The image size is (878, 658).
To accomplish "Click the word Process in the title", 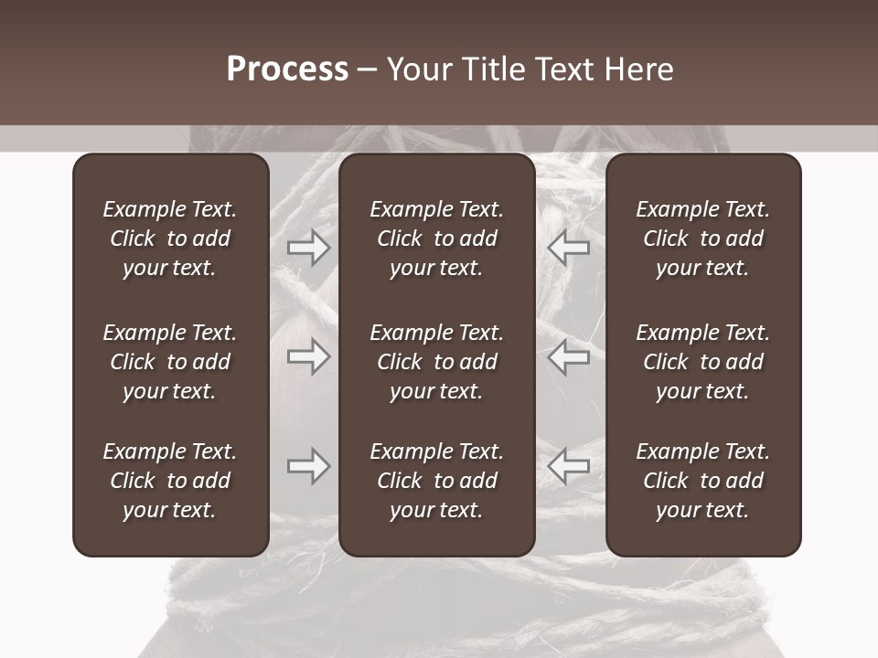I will [287, 69].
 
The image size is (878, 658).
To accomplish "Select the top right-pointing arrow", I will [309, 248].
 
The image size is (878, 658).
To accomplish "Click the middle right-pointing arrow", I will [309, 356].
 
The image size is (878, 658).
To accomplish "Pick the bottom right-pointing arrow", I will [309, 467].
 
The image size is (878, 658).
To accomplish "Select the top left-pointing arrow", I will [568, 248].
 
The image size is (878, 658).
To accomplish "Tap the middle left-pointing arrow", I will [568, 356].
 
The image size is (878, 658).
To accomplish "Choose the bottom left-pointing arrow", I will [568, 467].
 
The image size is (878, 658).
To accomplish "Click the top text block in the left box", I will [170, 239].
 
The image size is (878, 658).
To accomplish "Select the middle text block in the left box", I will [170, 362].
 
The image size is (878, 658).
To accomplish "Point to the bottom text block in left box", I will [170, 481].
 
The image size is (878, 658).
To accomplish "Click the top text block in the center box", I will [436, 239].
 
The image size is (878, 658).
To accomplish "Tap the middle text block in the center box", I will [436, 362].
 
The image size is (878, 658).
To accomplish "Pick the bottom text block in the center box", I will [436, 481].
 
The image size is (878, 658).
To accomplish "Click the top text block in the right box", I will [702, 239].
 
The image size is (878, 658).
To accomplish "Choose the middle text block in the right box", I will [702, 362].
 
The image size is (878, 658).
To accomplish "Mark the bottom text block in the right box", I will [702, 481].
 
